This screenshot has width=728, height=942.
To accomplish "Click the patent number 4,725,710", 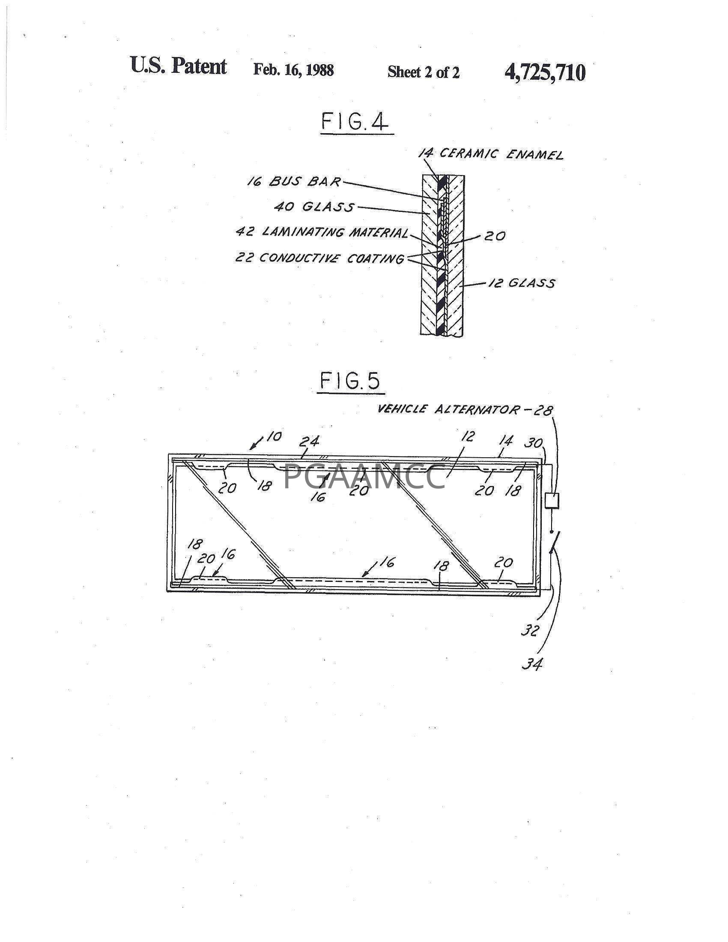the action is point(545,72).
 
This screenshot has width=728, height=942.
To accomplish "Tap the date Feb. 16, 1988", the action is point(293,70).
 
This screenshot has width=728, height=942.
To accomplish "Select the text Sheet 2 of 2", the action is point(424,72).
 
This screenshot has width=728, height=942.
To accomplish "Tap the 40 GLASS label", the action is point(314,207).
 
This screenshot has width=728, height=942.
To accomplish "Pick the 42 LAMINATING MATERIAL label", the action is point(322,232).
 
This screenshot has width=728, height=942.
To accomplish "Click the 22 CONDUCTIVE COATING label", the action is point(319,258).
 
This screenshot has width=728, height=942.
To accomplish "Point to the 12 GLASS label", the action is point(521,283).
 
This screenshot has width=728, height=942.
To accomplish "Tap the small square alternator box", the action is point(552,501).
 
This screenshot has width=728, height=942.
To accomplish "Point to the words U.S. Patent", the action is point(178,66).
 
